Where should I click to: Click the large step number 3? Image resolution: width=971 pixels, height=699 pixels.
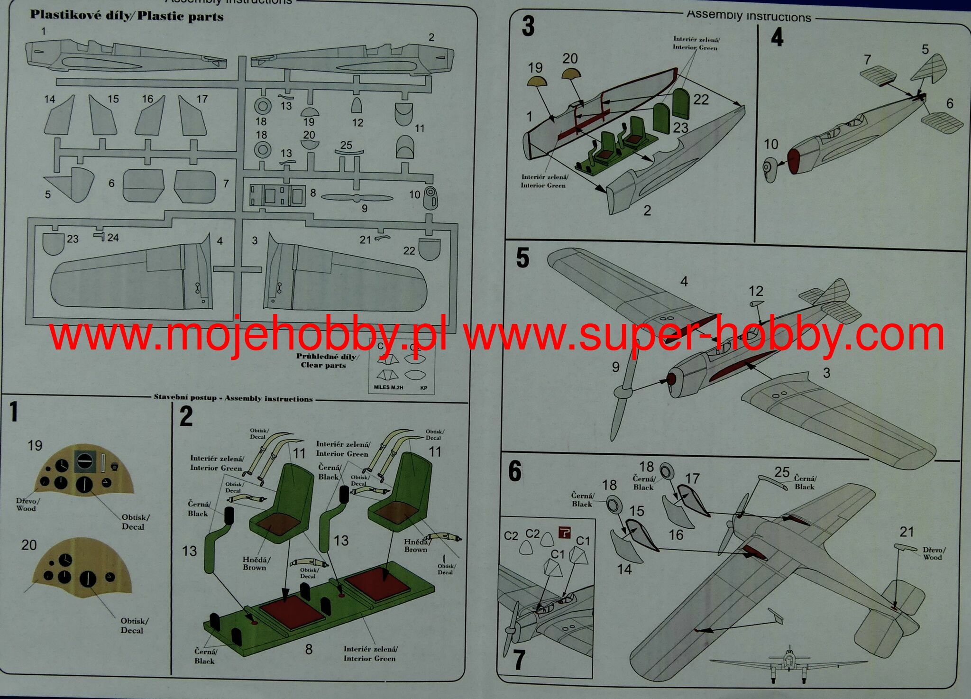point(528,27)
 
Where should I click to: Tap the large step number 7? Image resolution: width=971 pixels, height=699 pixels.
point(519,660)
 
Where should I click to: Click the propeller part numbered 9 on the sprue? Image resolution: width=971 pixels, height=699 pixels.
point(357,198)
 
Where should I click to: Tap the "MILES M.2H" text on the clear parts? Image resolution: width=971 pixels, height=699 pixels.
point(388,387)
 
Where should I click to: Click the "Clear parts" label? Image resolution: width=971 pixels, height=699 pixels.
point(323,365)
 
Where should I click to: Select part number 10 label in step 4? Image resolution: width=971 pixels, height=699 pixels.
point(771,144)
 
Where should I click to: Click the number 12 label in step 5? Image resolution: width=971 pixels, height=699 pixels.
point(756,291)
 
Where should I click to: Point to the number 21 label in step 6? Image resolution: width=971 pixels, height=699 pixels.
point(907,532)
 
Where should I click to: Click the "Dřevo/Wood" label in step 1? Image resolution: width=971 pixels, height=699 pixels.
point(27,505)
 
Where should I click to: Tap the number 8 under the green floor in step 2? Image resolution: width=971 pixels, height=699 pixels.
point(309,649)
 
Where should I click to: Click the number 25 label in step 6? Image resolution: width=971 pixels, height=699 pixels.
point(782,472)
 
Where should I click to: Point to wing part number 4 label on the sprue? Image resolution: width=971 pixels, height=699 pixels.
point(220,241)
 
